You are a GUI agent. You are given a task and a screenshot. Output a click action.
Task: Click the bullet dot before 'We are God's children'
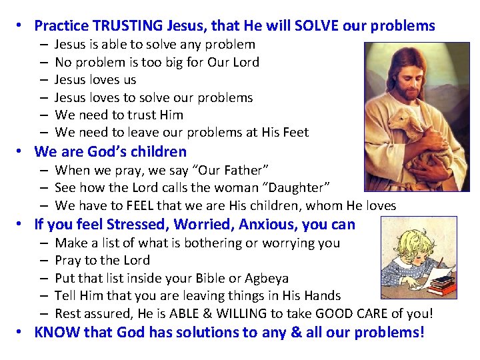[x=21, y=151]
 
